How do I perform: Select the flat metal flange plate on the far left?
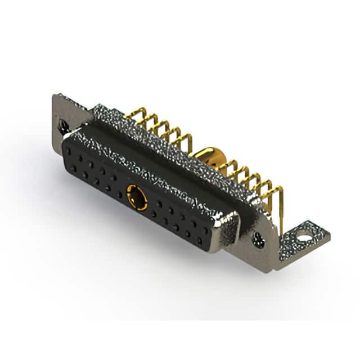(65, 118)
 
